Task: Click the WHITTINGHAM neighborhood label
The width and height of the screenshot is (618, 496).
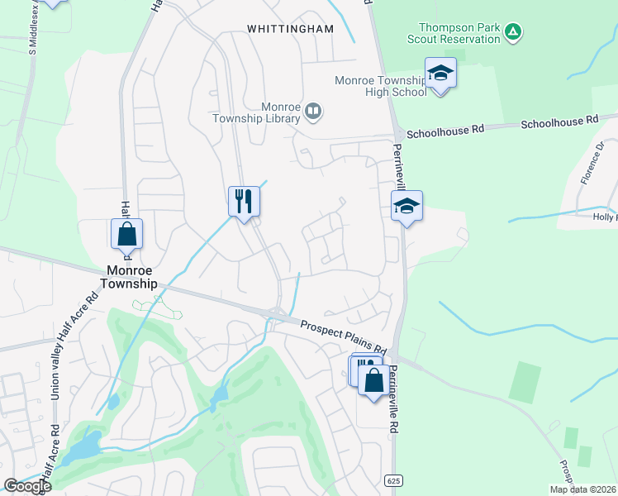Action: [x=291, y=29]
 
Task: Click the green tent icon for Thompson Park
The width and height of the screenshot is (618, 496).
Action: [x=513, y=32]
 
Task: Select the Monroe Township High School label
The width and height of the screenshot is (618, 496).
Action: [x=381, y=86]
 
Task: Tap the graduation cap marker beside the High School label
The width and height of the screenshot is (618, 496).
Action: [x=440, y=74]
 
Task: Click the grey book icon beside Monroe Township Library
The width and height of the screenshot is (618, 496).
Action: [x=313, y=111]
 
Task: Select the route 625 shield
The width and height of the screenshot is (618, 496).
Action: [x=393, y=479]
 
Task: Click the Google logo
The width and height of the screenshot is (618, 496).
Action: [x=27, y=487]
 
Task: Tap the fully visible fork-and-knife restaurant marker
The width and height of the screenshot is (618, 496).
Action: [x=244, y=202]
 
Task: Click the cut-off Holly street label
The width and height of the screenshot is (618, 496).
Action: [x=604, y=217]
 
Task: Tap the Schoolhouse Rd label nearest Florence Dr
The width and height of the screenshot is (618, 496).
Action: [x=559, y=122]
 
